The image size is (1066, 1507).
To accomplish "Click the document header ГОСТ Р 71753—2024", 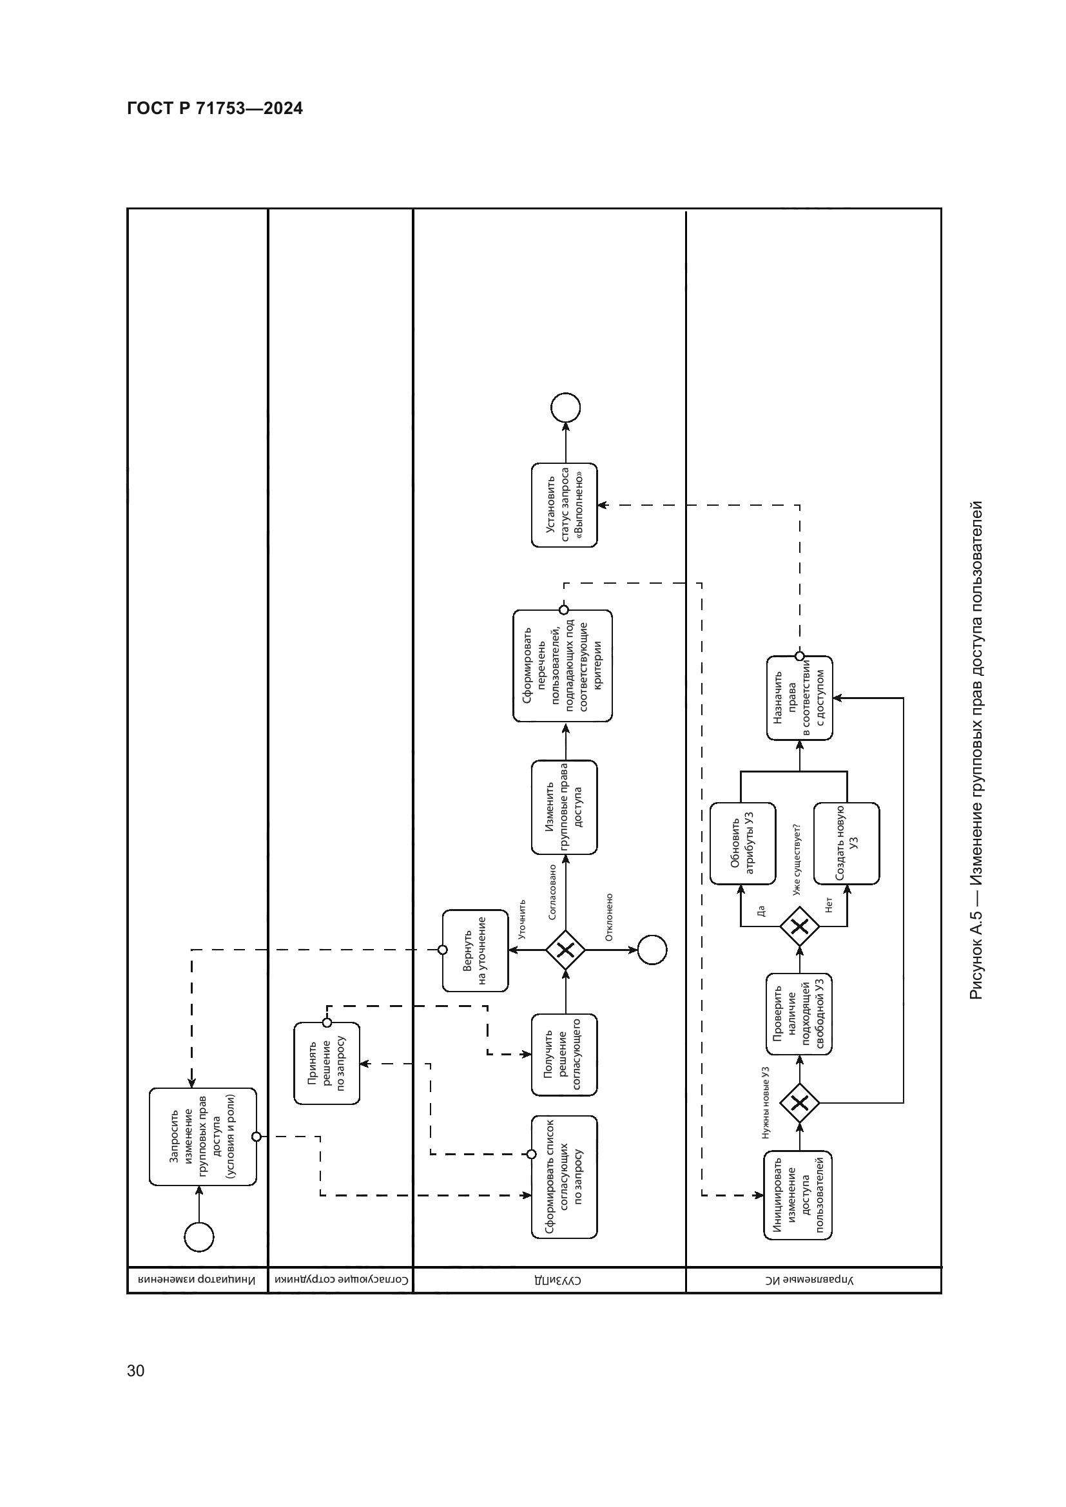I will point(215,108).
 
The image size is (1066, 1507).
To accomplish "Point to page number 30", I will point(135,1370).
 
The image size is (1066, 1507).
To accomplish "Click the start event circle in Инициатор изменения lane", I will point(199,1238).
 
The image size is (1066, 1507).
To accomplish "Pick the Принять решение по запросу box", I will point(327,1062).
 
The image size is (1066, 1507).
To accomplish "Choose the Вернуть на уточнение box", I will point(474,950).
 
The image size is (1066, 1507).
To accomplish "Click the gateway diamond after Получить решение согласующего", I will point(565,950).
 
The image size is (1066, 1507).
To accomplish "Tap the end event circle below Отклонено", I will point(652,950).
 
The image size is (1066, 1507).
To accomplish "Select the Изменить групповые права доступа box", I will point(565,807).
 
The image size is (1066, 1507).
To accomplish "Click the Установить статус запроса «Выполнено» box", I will point(565,504).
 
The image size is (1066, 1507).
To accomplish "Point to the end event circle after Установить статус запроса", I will point(565,408).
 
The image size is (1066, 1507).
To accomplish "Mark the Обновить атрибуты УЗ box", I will point(742,843).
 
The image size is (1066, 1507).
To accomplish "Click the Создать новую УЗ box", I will point(846,843).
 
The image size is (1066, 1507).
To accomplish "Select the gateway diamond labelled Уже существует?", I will point(799,926).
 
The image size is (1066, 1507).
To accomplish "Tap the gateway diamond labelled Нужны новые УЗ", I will point(799,1102).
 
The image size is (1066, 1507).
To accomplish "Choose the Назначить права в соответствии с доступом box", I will point(799,698).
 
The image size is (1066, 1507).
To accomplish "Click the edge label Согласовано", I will point(552,891).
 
